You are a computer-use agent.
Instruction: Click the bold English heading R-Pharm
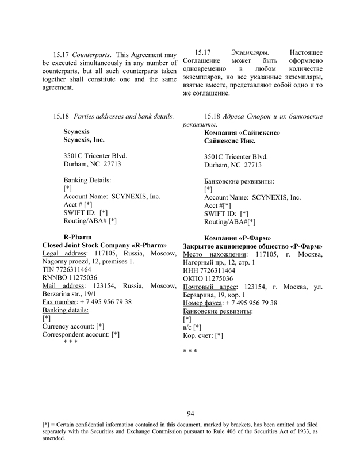pyautogui.click(x=74, y=236)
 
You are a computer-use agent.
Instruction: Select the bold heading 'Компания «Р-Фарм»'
pyautogui.click(x=238, y=238)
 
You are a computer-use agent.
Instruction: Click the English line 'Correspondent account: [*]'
pyautogui.click(x=81, y=334)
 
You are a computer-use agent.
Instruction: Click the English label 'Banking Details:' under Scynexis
pyautogui.click(x=87, y=180)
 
